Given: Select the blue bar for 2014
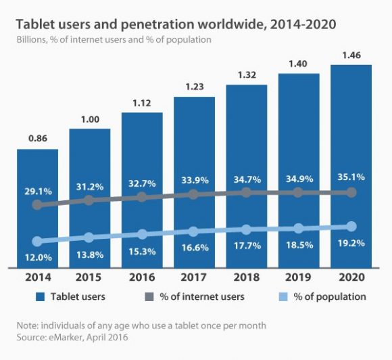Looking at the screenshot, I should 37,210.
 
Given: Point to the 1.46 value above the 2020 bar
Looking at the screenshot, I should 351,56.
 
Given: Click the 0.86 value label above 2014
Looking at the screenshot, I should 37,139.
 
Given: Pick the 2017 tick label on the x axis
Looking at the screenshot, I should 194,277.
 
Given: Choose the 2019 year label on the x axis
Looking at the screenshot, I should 299,277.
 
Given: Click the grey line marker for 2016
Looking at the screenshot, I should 142,197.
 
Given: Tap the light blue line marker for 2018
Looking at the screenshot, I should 247,229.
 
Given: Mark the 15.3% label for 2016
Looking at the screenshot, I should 142,251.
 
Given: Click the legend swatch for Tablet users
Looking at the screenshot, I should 40,296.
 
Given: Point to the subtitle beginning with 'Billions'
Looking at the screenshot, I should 114,40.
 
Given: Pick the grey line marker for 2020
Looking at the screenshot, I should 351,193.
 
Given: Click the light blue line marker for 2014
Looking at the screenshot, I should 37,241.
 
